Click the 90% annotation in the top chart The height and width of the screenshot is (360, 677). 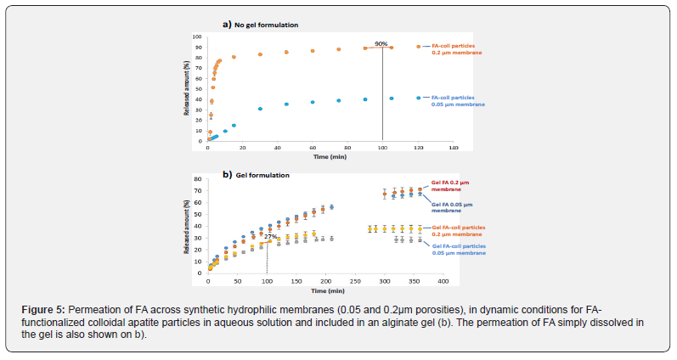(x=381, y=43)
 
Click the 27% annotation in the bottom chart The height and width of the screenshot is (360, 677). (x=270, y=237)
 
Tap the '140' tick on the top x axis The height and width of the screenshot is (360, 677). (x=453, y=147)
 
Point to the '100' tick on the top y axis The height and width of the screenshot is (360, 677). (x=198, y=37)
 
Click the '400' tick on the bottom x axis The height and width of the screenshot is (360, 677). (x=442, y=279)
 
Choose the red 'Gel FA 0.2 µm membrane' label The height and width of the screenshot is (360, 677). (x=450, y=186)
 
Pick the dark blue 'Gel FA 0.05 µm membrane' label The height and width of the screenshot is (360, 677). (x=451, y=209)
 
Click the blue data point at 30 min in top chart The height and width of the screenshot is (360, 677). (x=260, y=109)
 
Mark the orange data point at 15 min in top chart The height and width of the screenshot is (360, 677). (x=234, y=57)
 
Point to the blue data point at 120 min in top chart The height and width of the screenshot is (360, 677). (x=418, y=98)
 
